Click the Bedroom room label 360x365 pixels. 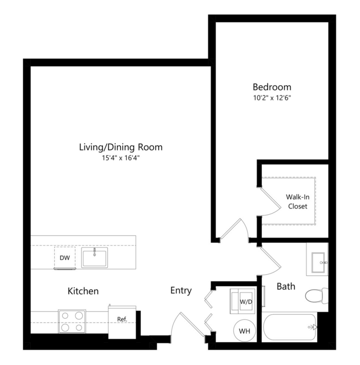click(x=272, y=87)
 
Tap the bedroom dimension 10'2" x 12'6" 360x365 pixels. click(x=272, y=98)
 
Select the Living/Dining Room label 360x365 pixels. click(x=121, y=147)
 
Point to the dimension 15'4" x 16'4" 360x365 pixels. click(x=121, y=158)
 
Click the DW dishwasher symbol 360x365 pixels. click(x=64, y=258)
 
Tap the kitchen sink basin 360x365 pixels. click(x=94, y=258)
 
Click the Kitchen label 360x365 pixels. click(x=83, y=291)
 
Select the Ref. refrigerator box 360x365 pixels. click(x=122, y=322)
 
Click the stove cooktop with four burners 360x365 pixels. click(x=72, y=322)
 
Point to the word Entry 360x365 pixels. click(x=181, y=291)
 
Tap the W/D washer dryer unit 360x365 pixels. click(x=242, y=302)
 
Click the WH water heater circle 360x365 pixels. click(x=245, y=331)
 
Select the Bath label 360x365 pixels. click(x=286, y=286)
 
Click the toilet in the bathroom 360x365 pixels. click(x=316, y=296)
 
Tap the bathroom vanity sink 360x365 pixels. click(x=317, y=259)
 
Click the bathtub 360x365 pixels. click(x=289, y=327)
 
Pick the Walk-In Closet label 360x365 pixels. click(x=298, y=202)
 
